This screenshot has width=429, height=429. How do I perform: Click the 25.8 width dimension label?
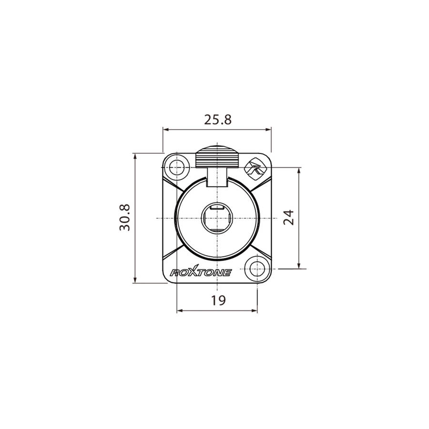(218, 120)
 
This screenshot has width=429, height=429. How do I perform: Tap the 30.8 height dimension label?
(125, 217)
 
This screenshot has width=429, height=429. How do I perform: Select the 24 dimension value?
(289, 217)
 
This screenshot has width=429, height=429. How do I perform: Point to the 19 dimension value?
(218, 300)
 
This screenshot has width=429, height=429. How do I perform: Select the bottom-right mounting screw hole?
(257, 268)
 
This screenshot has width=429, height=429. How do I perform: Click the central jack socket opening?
(217, 218)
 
